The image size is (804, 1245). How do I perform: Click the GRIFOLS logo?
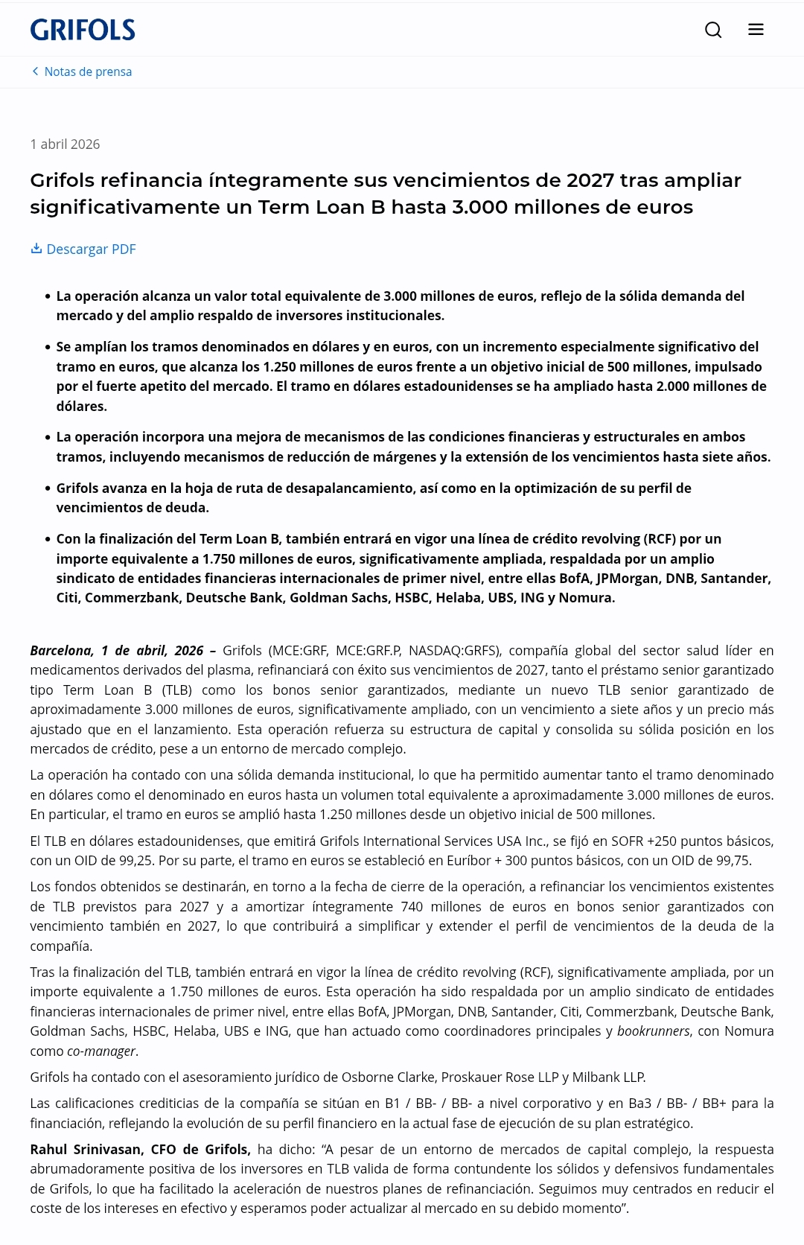click(x=83, y=30)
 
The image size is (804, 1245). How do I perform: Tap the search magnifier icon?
click(x=713, y=30)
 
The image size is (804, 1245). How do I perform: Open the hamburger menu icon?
click(x=756, y=30)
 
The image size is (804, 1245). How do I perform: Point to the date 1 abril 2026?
click(x=65, y=144)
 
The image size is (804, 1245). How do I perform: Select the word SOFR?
click(x=627, y=841)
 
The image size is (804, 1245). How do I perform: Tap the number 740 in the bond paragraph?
click(x=412, y=907)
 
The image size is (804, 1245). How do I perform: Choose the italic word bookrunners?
click(x=653, y=1031)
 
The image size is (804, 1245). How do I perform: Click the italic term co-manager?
click(x=101, y=1051)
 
